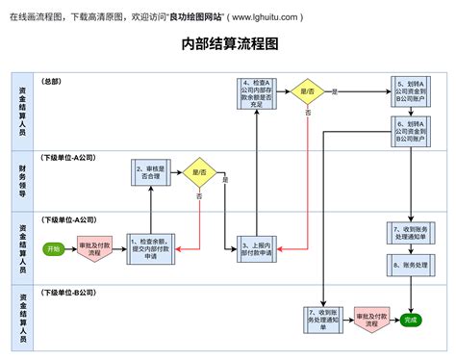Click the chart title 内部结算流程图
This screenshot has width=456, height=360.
[229, 44]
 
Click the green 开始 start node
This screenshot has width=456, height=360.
[52, 248]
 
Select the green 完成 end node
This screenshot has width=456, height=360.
[412, 320]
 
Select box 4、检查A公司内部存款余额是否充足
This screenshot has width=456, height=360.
[256, 93]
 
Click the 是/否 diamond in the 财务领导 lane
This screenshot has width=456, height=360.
[200, 172]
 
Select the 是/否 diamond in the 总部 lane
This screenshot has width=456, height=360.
[308, 92]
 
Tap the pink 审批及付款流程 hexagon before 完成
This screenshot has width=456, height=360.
[368, 320]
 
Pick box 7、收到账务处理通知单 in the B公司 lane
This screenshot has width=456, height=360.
[322, 320]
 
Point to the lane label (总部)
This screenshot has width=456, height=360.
[51, 82]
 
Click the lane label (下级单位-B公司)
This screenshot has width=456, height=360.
[66, 292]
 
